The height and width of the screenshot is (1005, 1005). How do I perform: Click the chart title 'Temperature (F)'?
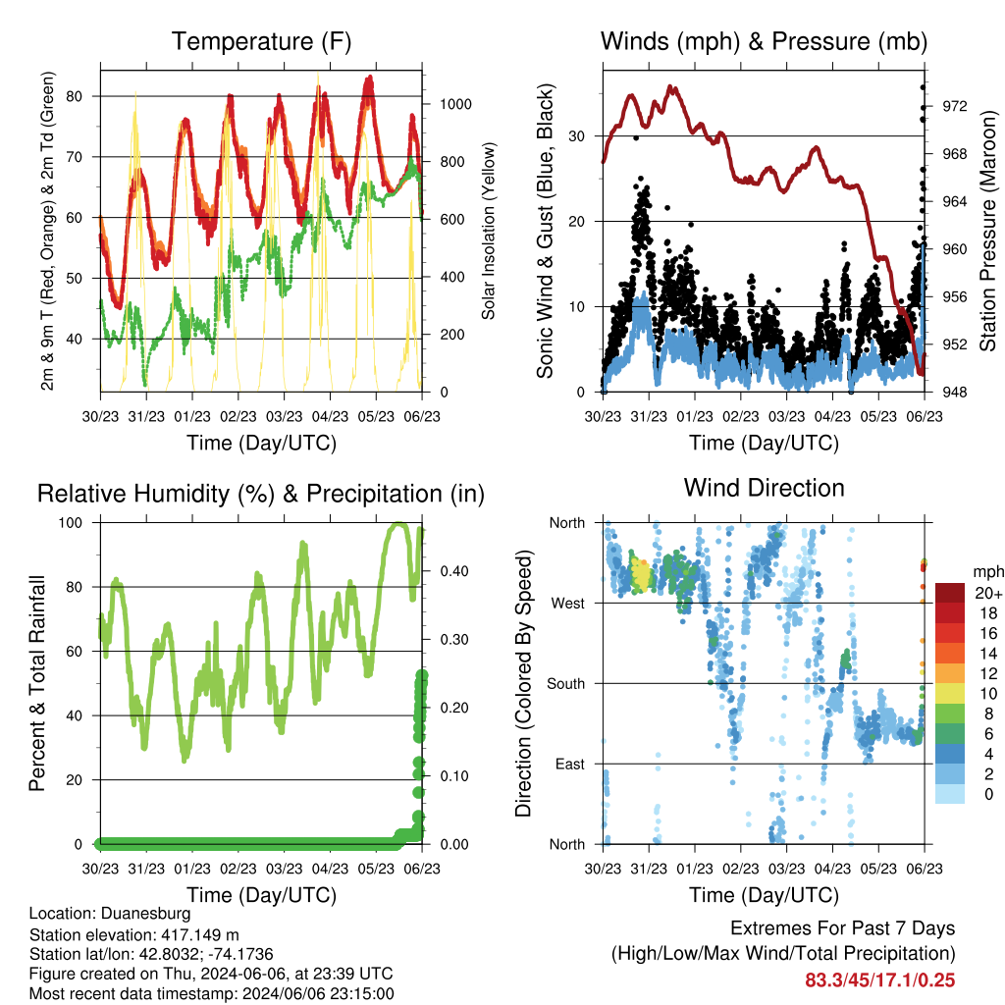pos(261,41)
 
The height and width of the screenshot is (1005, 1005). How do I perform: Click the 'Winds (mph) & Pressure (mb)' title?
pos(764,41)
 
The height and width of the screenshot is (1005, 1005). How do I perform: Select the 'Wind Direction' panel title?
pos(764,488)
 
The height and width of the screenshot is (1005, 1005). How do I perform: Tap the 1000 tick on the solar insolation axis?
pos(455,104)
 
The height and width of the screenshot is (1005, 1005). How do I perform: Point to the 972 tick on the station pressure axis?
pos(954,106)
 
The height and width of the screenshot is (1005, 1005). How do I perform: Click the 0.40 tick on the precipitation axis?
pos(454,571)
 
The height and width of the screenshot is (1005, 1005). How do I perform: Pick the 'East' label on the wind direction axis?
pos(570,764)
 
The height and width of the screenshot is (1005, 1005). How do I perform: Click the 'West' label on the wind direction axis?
pos(568,604)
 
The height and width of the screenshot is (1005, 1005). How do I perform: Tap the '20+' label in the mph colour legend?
pos(988,593)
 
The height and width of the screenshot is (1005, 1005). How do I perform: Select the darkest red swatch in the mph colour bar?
pos(950,592)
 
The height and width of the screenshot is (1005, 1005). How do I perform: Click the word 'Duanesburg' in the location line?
pos(146,914)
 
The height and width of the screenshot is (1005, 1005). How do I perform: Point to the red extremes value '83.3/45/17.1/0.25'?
pos(880,980)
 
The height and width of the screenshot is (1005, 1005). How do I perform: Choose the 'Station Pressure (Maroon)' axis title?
pos(987,232)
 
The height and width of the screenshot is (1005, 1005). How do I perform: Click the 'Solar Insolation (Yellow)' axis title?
pos(489,232)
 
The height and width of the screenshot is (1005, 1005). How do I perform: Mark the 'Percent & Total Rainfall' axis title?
pos(37,683)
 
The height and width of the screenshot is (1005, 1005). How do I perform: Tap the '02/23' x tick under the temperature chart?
pos(238,416)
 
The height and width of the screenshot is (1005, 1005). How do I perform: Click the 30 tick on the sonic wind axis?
pos(577,135)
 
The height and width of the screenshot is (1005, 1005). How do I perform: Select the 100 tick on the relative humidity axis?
pos(71,523)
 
